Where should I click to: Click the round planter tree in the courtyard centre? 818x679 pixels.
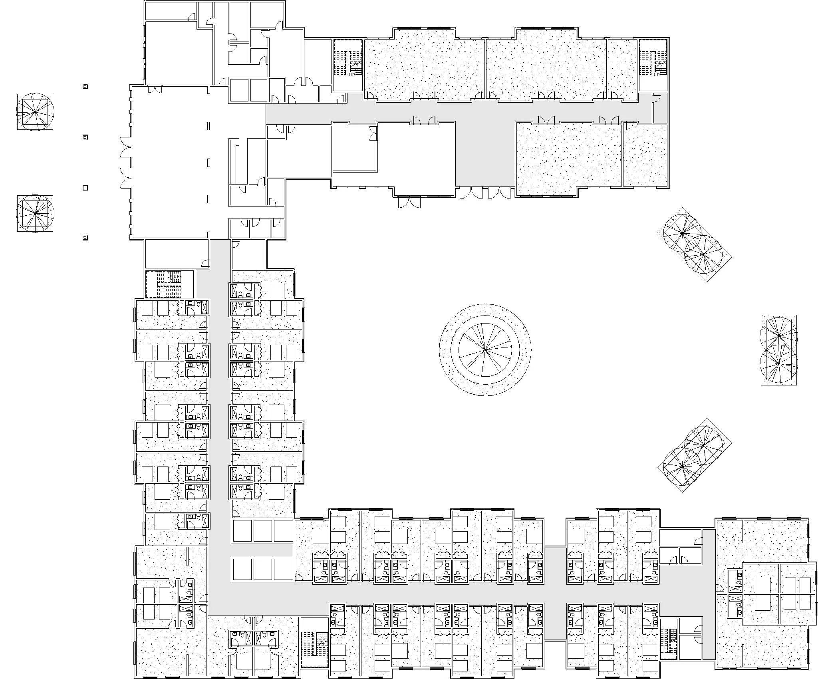tap(485, 350)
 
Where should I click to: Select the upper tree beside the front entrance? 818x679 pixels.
tap(35, 112)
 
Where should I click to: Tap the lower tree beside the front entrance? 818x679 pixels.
tap(35, 213)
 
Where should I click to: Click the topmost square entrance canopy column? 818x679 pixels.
tap(85, 86)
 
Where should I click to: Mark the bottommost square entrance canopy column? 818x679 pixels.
tap(85, 238)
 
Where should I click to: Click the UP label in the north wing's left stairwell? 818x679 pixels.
tap(352, 74)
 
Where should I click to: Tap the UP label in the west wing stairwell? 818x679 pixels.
tap(177, 276)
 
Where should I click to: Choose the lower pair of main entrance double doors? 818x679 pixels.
tap(125, 178)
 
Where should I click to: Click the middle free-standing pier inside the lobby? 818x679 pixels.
tap(208, 162)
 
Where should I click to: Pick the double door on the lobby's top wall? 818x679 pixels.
tap(155, 89)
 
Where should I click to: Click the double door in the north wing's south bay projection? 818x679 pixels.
tap(409, 202)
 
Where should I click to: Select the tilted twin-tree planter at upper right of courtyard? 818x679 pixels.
tap(694, 244)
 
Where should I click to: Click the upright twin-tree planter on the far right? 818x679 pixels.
tap(778, 350)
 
